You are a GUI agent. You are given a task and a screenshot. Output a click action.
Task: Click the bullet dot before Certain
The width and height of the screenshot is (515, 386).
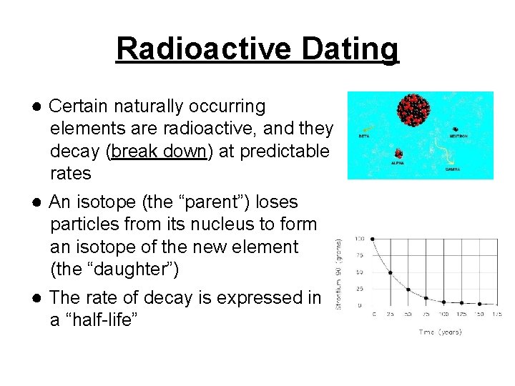click(35, 107)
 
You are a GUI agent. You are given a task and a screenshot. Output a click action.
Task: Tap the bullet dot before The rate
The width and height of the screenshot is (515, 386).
click(35, 297)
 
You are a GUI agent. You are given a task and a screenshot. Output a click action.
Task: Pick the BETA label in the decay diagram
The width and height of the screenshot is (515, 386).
click(363, 134)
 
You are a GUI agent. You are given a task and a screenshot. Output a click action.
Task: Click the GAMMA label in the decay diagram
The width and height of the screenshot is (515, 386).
click(453, 169)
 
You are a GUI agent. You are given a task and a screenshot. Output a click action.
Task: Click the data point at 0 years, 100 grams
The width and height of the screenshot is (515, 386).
click(373, 238)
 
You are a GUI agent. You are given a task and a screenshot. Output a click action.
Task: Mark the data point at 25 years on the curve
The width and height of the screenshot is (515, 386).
click(391, 272)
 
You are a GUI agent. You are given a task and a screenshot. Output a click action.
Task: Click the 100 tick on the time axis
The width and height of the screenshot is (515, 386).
click(443, 315)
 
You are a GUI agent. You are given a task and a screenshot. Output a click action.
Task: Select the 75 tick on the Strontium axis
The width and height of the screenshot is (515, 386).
click(359, 255)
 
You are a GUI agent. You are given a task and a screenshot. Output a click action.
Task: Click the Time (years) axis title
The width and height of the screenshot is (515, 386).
click(440, 332)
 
